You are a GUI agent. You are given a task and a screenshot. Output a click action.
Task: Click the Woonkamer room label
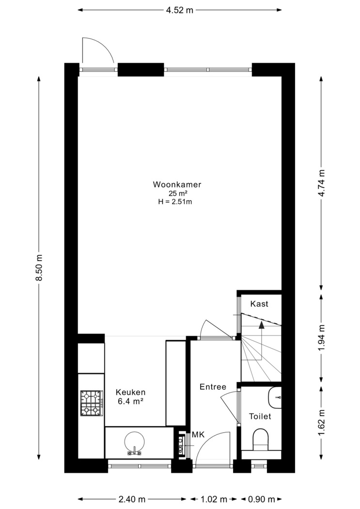pos(177,184)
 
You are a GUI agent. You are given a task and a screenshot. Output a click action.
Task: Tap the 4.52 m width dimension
pos(180,10)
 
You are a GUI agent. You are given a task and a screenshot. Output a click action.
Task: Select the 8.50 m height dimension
pos(39,268)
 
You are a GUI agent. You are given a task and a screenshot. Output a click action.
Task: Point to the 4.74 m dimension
pos(321,183)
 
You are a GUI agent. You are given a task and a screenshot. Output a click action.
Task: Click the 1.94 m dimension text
pos(321,337)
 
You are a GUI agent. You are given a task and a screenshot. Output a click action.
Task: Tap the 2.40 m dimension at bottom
pos(132,499)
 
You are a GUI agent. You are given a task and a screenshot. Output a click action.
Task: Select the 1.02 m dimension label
pos(214,499)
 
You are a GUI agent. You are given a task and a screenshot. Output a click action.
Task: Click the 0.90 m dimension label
pos(262,499)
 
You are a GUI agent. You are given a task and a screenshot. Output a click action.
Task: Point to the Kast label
pos(259,304)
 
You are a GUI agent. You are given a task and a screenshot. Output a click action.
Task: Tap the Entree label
pos(213,387)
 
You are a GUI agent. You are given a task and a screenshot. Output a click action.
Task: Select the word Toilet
pos(260,416)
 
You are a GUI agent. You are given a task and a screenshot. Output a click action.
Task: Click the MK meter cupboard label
pos(198,434)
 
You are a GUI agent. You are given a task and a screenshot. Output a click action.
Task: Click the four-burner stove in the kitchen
pos(92,403)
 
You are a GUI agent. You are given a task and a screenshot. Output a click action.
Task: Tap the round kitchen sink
pos(134,443)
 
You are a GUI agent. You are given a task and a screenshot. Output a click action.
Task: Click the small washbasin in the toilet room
pos(275,397)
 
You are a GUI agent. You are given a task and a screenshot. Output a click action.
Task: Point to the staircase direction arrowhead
pos(261,325)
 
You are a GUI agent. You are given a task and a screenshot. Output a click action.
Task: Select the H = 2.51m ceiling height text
pos(175,202)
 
